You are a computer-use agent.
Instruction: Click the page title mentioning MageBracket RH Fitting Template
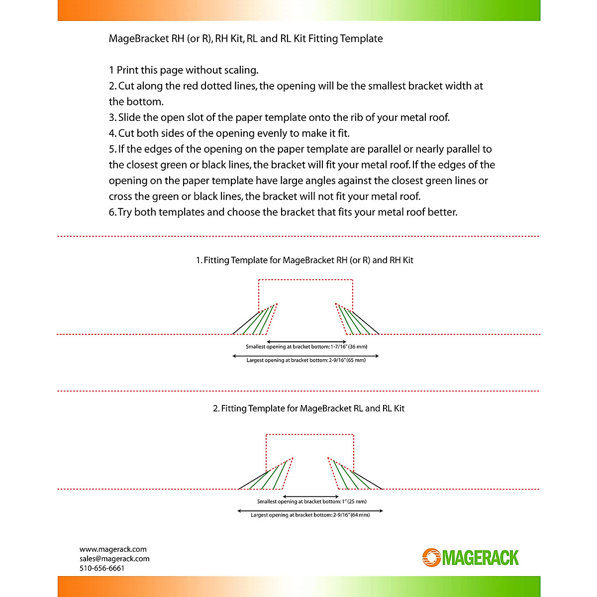(x=246, y=39)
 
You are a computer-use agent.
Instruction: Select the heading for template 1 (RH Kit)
(x=304, y=260)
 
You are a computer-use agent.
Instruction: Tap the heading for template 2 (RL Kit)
(x=308, y=408)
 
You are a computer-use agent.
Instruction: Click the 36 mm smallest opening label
(x=306, y=347)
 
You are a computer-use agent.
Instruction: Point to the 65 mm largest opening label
(x=306, y=360)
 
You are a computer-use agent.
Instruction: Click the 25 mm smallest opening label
(x=311, y=501)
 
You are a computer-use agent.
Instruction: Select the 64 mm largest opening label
(x=310, y=515)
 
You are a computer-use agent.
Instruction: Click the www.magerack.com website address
(x=113, y=549)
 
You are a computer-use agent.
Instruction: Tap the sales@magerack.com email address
(x=114, y=559)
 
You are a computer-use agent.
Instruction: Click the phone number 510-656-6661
(x=102, y=568)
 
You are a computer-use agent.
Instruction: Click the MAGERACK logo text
(x=480, y=558)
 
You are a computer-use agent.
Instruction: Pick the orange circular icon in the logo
(x=431, y=558)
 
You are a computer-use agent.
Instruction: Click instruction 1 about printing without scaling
(x=184, y=70)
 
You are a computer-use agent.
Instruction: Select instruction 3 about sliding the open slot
(x=279, y=117)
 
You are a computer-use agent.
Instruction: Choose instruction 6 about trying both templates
(x=283, y=212)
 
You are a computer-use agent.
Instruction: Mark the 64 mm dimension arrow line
(x=310, y=510)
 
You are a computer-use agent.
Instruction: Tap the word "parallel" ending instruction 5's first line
(x=462, y=149)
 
